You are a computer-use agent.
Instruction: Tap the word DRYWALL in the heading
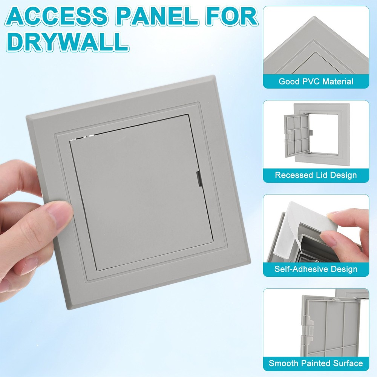point(68,43)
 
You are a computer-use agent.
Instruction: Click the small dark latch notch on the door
point(198,179)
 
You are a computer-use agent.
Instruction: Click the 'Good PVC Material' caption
point(316,81)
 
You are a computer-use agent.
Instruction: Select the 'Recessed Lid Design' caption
point(316,175)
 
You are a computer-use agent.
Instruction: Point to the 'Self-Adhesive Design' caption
point(316,269)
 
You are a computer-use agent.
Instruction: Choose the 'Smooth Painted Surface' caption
point(316,363)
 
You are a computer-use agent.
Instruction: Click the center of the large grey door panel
point(141,192)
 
